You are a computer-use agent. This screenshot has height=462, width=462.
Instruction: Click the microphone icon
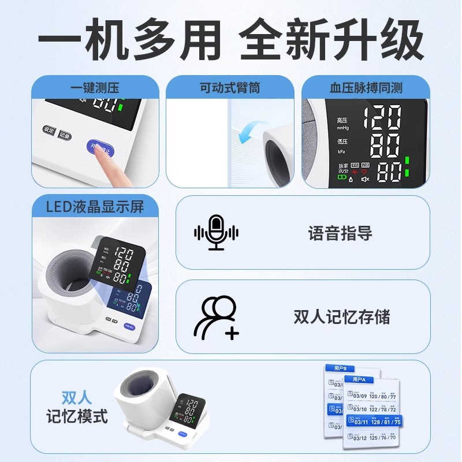216,233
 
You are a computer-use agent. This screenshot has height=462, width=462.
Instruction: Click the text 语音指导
340,233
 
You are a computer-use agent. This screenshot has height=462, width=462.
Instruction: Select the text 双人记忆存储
342,316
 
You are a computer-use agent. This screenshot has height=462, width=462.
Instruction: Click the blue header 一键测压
95,88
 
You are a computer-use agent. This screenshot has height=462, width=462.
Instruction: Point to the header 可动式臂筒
230,88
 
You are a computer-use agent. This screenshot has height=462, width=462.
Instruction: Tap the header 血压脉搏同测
366,88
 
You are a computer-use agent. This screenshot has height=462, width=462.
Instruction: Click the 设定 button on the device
49,131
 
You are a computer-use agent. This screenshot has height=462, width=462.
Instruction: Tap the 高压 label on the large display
342,120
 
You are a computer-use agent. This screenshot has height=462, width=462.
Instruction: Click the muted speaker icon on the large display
365,180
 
